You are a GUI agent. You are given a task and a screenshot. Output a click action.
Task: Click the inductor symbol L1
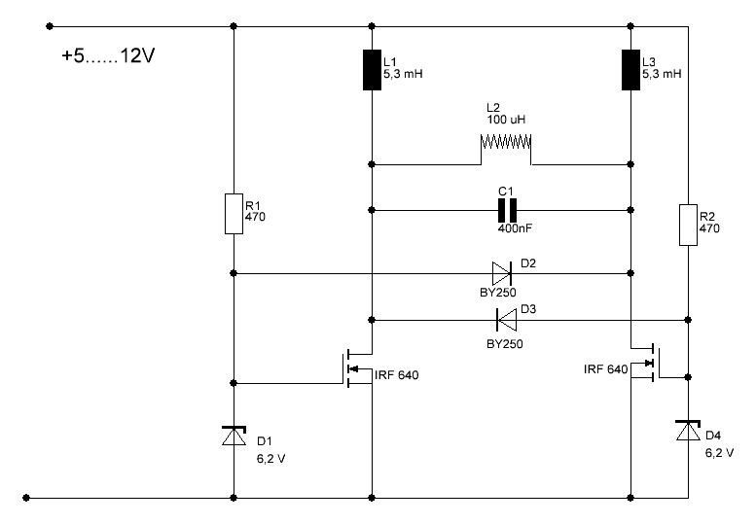(372, 70)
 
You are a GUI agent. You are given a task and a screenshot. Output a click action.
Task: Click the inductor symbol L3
(630, 70)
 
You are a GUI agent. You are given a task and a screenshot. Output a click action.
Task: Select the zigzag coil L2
(506, 143)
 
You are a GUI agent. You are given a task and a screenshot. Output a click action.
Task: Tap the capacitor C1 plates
(507, 210)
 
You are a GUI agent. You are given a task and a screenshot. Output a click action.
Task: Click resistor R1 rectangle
(234, 214)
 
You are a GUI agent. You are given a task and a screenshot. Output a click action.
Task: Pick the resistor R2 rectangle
(688, 225)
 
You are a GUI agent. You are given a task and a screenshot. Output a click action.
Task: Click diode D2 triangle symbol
(502, 273)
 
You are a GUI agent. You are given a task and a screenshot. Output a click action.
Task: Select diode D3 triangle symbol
(506, 320)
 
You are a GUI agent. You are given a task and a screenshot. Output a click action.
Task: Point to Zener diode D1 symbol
(234, 436)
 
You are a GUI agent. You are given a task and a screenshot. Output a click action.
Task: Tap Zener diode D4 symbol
(688, 430)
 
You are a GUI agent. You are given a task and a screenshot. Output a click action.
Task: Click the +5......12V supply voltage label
(108, 55)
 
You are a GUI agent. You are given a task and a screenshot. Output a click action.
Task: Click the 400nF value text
(515, 228)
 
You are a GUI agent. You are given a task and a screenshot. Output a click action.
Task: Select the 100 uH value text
(506, 120)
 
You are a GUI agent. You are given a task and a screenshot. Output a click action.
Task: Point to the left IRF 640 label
(396, 375)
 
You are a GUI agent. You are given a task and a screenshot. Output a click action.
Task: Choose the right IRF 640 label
(605, 369)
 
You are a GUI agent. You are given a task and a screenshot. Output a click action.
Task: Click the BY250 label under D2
(497, 293)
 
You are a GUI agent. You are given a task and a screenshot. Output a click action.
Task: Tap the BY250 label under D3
(504, 344)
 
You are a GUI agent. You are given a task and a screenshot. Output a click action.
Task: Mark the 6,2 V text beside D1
(270, 459)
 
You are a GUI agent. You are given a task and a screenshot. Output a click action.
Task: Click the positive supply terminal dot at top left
(50, 26)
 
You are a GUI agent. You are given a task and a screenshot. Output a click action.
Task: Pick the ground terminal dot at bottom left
(26, 498)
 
